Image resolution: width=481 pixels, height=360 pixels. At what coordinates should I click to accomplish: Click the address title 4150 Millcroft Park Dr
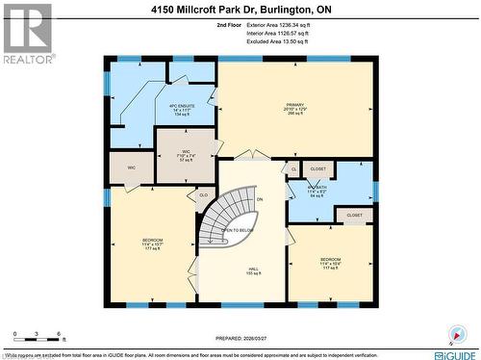pos(240,10)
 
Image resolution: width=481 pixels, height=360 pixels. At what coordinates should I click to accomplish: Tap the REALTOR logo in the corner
pos(26,33)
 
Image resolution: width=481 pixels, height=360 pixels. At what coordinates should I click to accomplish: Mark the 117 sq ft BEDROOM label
pos(330,263)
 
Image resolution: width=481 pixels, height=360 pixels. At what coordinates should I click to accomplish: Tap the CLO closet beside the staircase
pos(203,195)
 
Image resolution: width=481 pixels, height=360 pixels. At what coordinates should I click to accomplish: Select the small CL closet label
pos(293,169)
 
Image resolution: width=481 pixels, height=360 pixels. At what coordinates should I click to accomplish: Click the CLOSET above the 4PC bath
pos(318,168)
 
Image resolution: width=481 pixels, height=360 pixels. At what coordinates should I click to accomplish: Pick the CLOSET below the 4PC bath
pos(354,215)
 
